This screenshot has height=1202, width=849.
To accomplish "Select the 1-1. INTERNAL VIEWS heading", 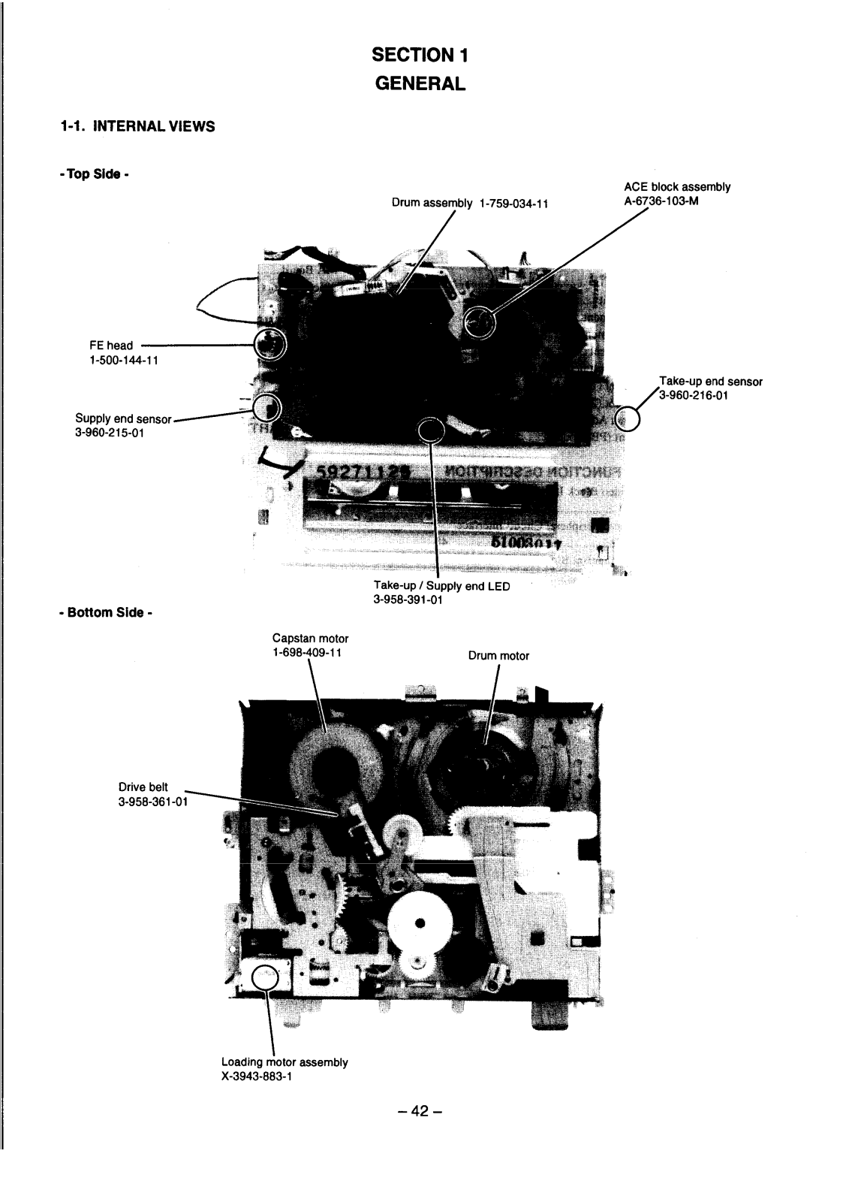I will click(x=137, y=127).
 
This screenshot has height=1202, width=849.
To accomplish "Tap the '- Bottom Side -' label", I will click(x=106, y=612).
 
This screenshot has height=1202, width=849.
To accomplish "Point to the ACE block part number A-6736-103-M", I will click(x=661, y=201).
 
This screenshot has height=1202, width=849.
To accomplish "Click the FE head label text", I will click(x=110, y=346).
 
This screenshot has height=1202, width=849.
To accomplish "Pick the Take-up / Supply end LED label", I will click(x=441, y=586).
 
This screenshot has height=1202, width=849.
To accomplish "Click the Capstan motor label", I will click(x=310, y=638).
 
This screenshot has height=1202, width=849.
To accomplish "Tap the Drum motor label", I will click(x=499, y=656).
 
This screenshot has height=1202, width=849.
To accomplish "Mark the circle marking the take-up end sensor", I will click(x=628, y=418).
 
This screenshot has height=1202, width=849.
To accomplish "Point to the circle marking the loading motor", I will click(x=264, y=978).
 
